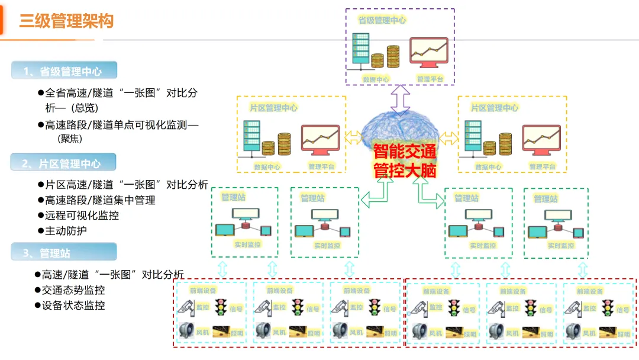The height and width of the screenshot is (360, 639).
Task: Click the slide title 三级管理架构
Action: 66,21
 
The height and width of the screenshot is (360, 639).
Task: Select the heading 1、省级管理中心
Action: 63,72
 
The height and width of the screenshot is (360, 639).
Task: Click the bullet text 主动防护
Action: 66,230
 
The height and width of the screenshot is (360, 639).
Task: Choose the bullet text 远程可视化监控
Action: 82,216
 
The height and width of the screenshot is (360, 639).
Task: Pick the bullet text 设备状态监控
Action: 73,306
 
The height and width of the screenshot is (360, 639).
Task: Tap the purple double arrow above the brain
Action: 400,98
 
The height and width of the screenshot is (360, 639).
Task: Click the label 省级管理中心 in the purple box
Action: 382,20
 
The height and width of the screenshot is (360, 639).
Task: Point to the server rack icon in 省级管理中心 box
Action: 360,49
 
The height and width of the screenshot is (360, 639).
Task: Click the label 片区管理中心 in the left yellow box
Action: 273,108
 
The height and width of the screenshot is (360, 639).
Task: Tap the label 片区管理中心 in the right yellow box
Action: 495,108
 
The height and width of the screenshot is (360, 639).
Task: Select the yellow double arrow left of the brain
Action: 353,138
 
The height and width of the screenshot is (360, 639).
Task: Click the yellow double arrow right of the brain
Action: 448,138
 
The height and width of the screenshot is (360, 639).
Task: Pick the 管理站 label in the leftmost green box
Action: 233,197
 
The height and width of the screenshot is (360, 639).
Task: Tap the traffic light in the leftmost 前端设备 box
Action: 221,307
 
